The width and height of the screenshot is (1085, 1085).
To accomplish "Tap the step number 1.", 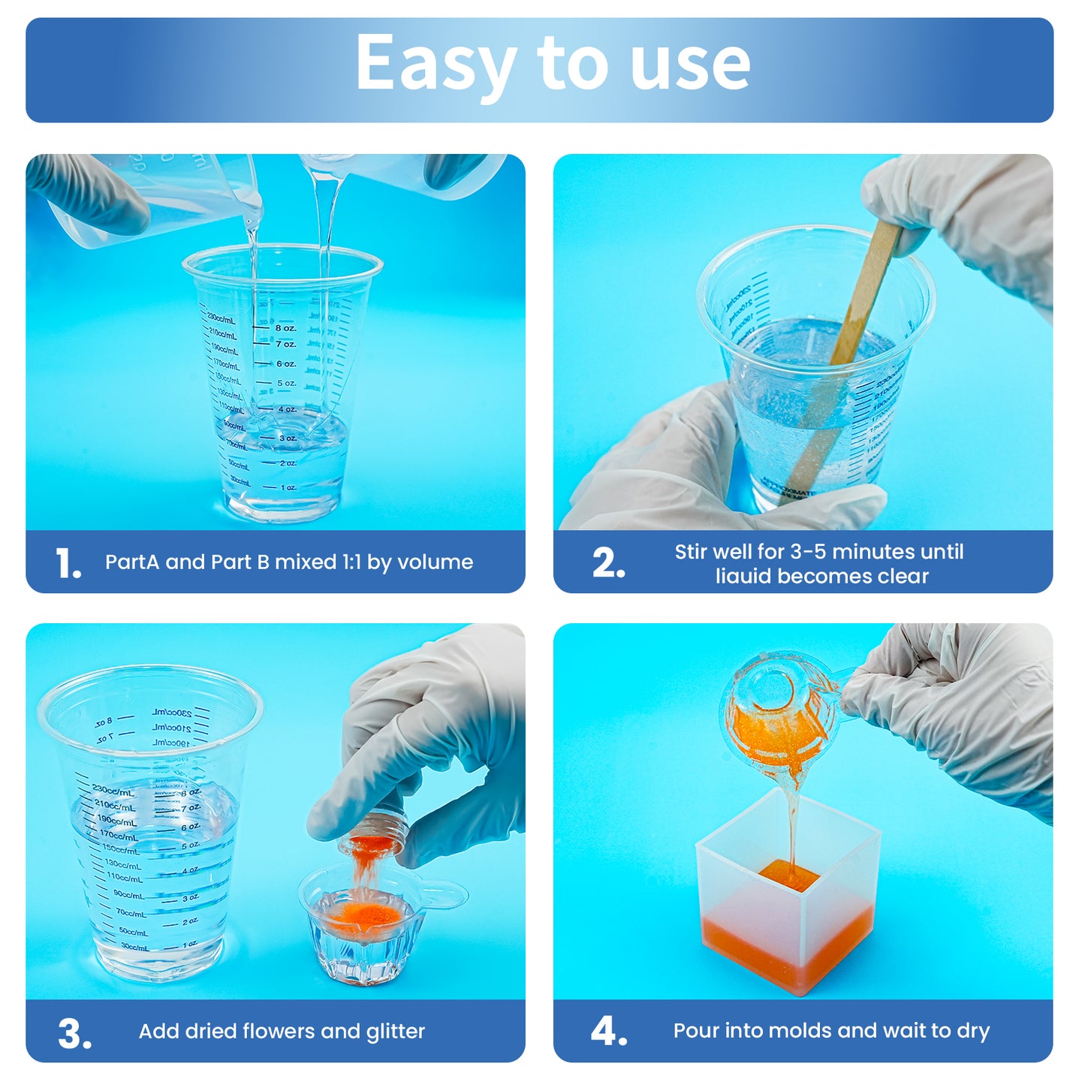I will click(x=68, y=563).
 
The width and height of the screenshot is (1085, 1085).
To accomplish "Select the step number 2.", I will click(x=607, y=563).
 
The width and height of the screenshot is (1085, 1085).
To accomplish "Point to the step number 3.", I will click(x=74, y=1033).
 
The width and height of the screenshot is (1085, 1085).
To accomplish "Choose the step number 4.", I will click(x=608, y=1032).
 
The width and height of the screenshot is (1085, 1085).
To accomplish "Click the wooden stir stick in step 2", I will click(x=848, y=345).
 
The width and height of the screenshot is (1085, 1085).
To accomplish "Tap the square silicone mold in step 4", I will click(x=788, y=901).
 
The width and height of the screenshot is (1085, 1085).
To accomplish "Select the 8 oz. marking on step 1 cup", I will click(x=285, y=328).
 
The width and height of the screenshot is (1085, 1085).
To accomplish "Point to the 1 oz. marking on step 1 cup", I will click(x=288, y=488).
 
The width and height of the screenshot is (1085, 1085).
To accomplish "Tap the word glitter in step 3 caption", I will click(x=395, y=1032).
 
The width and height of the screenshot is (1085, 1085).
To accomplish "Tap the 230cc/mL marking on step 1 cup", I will click(x=222, y=319).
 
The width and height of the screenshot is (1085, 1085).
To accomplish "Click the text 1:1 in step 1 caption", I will click(x=352, y=562).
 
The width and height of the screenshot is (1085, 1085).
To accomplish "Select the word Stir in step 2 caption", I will click(x=691, y=552).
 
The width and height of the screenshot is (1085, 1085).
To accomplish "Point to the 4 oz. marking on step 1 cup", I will click(x=287, y=410).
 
